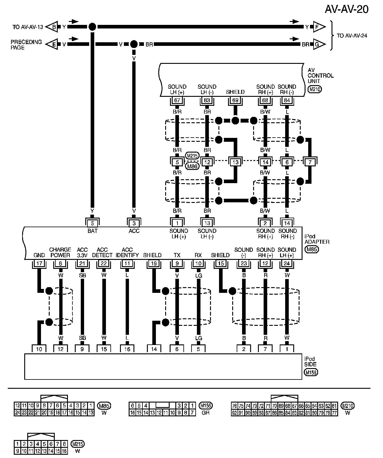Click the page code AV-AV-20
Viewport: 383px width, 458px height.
[346, 10]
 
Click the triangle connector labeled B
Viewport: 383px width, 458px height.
[53, 27]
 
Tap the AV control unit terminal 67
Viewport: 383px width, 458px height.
[177, 100]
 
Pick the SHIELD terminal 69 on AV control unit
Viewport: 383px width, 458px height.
[235, 100]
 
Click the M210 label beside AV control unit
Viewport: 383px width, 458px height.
[315, 89]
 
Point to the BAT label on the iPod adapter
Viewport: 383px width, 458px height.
[92, 231]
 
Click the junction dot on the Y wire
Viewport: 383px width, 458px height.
[92, 27]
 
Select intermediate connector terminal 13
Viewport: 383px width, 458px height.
[235, 162]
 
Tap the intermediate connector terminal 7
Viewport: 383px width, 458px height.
[310, 162]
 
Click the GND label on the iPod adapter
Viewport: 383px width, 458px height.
[39, 255]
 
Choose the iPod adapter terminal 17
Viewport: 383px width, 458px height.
[39, 264]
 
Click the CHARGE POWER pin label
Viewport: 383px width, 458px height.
[60, 252]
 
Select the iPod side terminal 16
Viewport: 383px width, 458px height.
[127, 349]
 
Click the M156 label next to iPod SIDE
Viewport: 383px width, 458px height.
[311, 372]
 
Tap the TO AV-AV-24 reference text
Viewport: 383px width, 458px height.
[352, 36]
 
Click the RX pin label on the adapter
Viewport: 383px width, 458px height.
[198, 255]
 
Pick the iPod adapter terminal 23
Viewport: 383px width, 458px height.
[244, 264]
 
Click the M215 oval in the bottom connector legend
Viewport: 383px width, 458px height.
[77, 444]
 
